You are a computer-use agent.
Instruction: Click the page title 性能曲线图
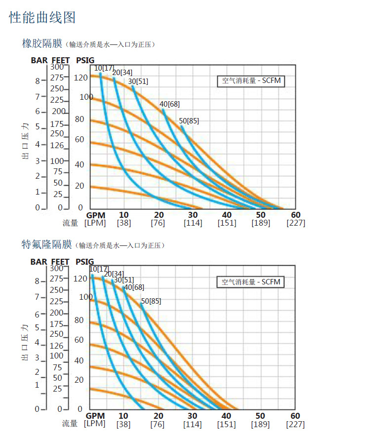[x=42, y=18]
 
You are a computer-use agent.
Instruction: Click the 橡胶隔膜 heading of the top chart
[x=42, y=43]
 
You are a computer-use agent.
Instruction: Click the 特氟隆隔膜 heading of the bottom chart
[x=47, y=244]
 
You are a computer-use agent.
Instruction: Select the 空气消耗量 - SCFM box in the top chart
[x=251, y=81]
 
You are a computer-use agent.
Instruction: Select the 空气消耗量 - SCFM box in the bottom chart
[x=251, y=282]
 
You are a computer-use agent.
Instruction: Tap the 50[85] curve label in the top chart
[x=189, y=121]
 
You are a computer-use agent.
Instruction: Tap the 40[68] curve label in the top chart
[x=169, y=104]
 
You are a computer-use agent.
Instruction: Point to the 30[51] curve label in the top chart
[x=138, y=81]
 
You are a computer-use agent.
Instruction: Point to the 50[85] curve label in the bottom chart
[x=151, y=301]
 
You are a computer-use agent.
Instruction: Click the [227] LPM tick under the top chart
[x=296, y=223]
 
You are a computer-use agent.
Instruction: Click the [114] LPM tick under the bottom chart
[x=193, y=424]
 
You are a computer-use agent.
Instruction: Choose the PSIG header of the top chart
[x=85, y=60]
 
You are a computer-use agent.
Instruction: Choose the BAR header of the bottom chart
[x=39, y=262]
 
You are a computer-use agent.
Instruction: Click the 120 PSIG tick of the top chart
[x=80, y=78]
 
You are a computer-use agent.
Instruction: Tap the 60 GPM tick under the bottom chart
[x=295, y=416]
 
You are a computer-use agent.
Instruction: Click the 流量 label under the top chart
[x=70, y=223]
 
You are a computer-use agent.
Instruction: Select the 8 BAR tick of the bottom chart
[x=37, y=281]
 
